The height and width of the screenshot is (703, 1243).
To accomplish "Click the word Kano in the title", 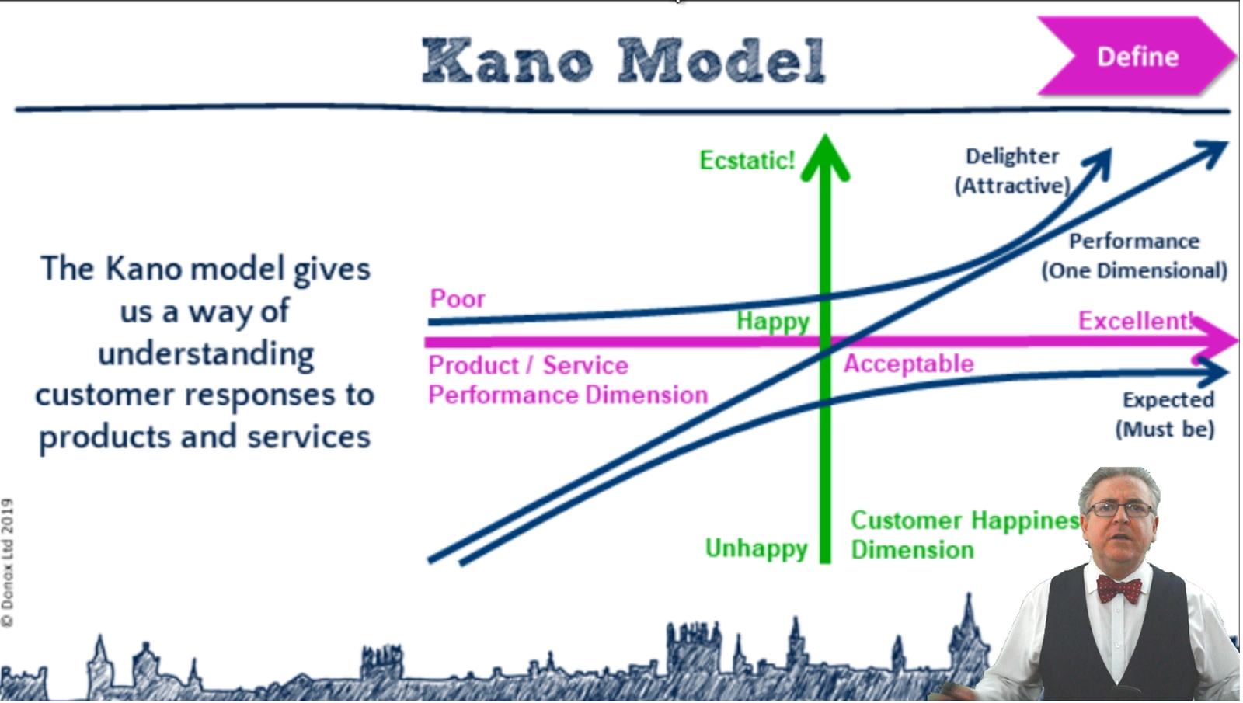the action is (x=507, y=61).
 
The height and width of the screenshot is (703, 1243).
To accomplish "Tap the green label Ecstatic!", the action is (x=747, y=160).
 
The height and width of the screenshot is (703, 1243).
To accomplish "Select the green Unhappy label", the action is (x=757, y=549).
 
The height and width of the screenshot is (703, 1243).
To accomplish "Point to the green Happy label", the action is (x=773, y=322).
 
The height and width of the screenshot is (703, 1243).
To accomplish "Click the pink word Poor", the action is (x=458, y=298).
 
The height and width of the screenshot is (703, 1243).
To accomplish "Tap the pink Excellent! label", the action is (x=1135, y=321).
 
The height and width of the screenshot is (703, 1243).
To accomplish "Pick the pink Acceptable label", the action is (x=909, y=364).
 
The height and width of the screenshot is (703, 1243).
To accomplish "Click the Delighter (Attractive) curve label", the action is (x=1012, y=171).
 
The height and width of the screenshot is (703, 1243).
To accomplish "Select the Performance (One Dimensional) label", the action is (x=1134, y=256).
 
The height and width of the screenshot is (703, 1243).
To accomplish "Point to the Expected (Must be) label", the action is (x=1165, y=415).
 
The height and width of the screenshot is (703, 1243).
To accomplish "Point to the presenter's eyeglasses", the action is (x=1119, y=510).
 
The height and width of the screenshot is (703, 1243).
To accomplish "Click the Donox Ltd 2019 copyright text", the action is (x=8, y=562).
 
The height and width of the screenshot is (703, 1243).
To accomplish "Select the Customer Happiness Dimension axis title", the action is (x=964, y=535).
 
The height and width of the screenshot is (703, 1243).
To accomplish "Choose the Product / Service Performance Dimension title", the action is (x=568, y=381).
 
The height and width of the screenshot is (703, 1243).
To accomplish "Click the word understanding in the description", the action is (x=206, y=354).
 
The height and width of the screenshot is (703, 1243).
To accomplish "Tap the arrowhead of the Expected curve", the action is (x=1213, y=372).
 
